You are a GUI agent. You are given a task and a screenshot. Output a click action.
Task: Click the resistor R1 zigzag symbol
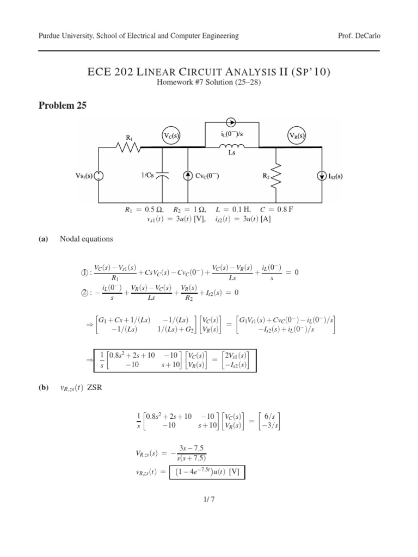pyautogui.click(x=130, y=147)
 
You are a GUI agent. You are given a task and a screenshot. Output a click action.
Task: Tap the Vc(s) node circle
pyautogui.click(x=172, y=135)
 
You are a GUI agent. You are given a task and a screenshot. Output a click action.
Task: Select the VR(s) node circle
pyautogui.click(x=297, y=135)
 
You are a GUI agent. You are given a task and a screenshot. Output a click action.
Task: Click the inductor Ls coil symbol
pyautogui.click(x=231, y=145)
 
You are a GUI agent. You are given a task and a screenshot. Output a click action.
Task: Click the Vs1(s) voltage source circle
pyautogui.click(x=99, y=175)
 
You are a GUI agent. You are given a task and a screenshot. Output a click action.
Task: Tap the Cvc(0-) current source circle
pyautogui.click(x=188, y=175)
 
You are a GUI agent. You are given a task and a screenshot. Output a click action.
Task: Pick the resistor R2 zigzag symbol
pyautogui.click(x=277, y=175)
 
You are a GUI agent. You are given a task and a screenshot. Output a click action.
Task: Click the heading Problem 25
pyautogui.click(x=63, y=106)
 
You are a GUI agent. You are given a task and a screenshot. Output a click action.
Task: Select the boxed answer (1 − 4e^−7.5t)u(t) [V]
pyautogui.click(x=207, y=472)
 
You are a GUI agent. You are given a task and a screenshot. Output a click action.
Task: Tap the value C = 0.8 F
pyautogui.click(x=280, y=209)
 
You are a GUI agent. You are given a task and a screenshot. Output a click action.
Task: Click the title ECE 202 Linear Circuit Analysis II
pyautogui.click(x=209, y=71)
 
